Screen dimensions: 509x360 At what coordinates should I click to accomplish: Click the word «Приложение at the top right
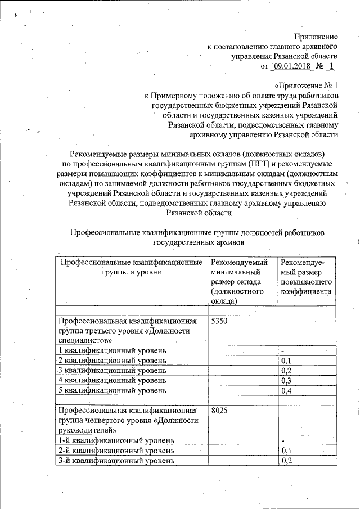coord(316,35)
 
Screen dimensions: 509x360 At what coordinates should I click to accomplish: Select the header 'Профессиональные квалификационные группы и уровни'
coord(131,267)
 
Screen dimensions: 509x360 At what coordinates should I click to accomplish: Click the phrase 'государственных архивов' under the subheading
coord(196,242)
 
